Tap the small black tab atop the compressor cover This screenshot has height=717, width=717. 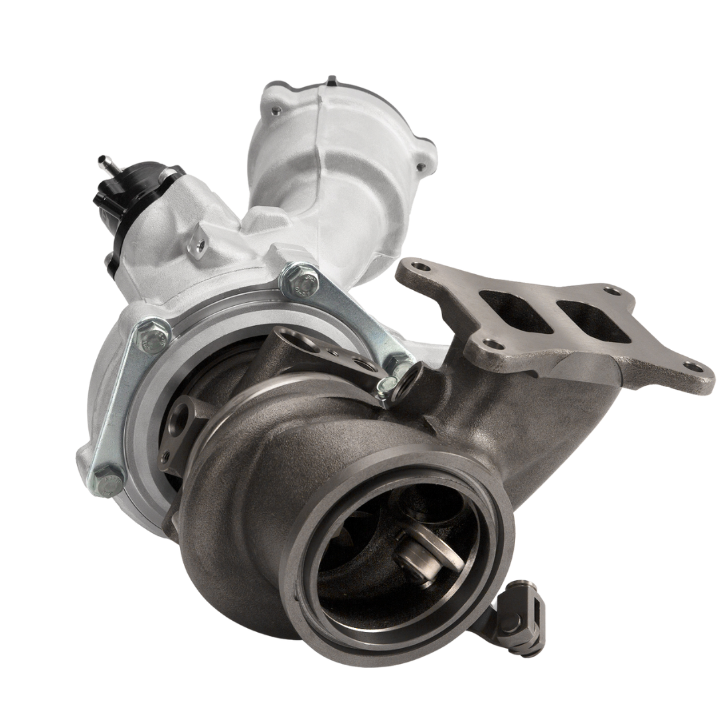coord(331,82)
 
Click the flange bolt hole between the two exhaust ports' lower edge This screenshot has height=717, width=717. coord(491,344)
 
